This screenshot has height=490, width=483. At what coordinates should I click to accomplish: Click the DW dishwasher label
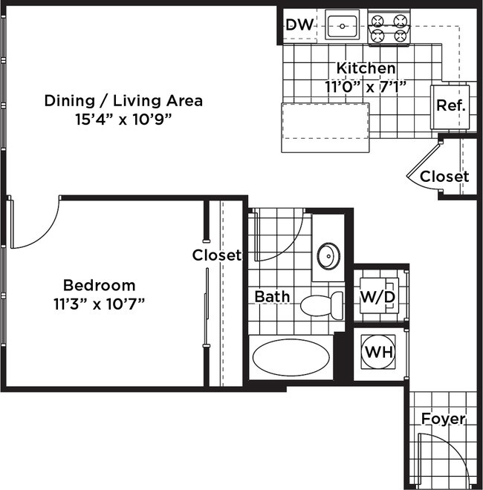299,24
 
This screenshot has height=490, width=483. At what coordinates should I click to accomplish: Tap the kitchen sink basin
342,26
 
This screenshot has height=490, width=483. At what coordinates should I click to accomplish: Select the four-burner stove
389,27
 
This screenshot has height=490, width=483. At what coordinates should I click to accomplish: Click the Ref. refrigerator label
451,105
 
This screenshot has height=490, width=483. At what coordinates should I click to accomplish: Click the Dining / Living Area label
123,101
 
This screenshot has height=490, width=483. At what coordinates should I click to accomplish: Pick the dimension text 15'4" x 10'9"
123,119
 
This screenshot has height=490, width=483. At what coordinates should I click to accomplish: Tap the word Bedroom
99,285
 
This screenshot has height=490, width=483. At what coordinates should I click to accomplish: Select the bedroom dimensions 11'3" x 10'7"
99,304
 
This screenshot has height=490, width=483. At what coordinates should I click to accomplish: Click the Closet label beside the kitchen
444,177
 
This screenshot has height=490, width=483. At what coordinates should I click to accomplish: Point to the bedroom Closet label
217,255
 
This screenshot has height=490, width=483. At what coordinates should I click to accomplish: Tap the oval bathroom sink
328,256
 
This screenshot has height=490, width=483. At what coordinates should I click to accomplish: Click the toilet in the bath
322,305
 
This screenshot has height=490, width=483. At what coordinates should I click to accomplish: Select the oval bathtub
291,358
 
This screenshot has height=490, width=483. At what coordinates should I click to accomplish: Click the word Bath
272,296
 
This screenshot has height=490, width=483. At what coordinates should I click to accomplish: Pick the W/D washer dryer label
378,296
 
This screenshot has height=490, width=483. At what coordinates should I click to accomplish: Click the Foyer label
444,419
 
